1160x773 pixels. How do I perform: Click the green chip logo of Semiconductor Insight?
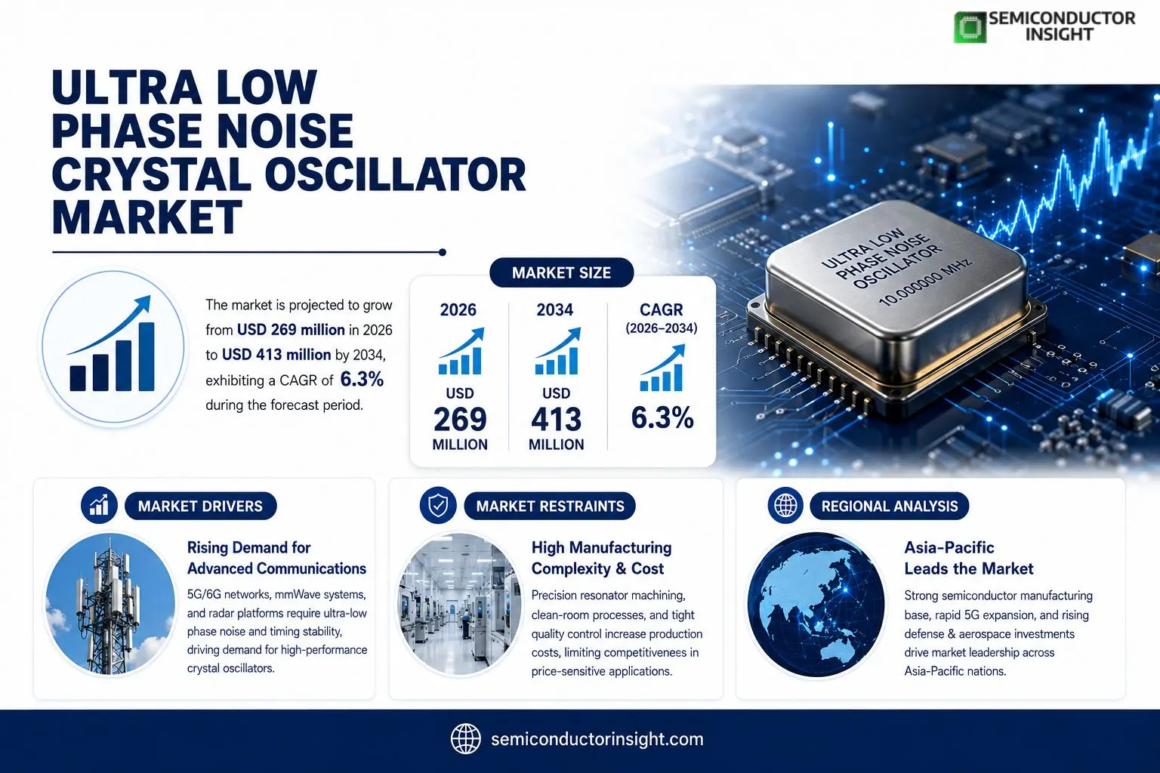click(x=970, y=27)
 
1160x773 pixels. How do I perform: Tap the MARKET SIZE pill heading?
click(x=561, y=273)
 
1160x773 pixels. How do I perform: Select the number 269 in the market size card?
click(x=460, y=419)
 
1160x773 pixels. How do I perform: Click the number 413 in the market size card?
click(x=556, y=419)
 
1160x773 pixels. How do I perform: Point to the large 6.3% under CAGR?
click(x=662, y=417)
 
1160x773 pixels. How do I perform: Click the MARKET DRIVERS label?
click(x=200, y=506)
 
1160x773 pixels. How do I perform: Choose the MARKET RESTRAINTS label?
click(x=550, y=506)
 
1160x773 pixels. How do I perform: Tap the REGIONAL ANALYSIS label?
click(x=889, y=506)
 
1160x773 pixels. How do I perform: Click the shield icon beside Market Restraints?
click(x=438, y=505)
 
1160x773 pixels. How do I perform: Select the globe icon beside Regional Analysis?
click(x=785, y=505)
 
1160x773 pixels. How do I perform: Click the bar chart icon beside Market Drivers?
click(x=99, y=505)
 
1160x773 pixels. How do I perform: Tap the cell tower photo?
click(x=110, y=604)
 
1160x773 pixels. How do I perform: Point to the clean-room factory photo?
click(x=458, y=604)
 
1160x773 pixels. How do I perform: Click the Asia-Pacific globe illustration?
click(x=816, y=604)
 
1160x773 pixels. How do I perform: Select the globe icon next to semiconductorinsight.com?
click(x=465, y=739)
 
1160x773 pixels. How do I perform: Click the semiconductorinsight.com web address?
click(x=597, y=739)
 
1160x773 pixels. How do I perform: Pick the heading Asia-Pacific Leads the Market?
click(x=968, y=558)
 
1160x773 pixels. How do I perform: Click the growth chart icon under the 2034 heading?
click(x=558, y=350)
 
